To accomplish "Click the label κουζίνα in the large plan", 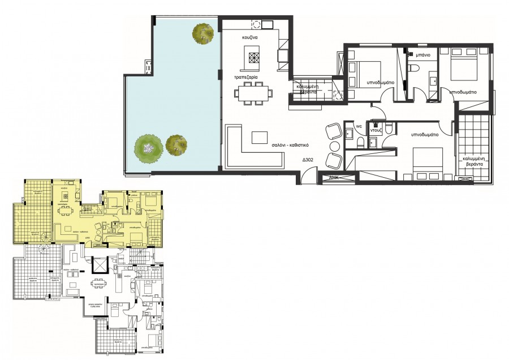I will point(251,37).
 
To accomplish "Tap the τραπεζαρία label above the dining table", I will point(248,76).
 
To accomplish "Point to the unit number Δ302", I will point(308,160).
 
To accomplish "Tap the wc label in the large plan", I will point(358,126).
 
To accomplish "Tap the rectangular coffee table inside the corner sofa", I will point(260,138).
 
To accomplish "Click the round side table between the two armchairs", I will point(334,146).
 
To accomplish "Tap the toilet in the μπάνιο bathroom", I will point(414,68).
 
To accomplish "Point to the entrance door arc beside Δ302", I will point(306,175).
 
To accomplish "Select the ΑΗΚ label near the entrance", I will point(335,177).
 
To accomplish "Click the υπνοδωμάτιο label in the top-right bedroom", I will point(463,92).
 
